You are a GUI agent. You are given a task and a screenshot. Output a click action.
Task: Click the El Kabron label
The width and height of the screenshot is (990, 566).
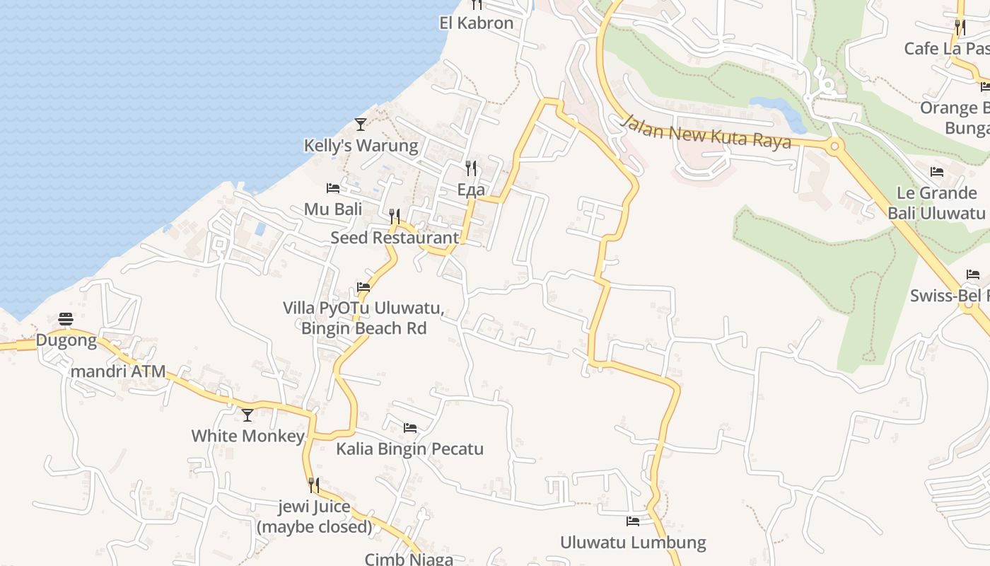[x=476, y=23]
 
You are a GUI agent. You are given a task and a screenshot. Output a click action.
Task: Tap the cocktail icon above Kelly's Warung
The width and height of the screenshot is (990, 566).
[x=361, y=125]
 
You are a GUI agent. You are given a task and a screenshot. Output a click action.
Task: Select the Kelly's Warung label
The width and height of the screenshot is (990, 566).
[x=361, y=146]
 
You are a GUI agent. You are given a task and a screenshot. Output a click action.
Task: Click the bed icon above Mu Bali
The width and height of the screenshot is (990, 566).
[x=333, y=188]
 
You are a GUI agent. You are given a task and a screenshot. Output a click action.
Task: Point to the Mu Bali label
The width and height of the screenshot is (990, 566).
[x=333, y=209]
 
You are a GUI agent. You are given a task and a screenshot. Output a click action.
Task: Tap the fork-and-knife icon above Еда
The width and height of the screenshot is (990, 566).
[x=471, y=168]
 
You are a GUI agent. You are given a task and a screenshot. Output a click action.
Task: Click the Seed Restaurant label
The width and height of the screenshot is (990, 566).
[x=395, y=238]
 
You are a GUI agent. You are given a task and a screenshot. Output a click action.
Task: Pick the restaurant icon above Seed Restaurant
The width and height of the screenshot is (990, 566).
[x=395, y=216]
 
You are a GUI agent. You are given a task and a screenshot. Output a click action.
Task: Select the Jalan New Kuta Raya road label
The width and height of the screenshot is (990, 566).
[x=705, y=132]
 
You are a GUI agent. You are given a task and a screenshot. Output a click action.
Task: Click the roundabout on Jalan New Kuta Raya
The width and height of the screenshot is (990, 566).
[x=834, y=147]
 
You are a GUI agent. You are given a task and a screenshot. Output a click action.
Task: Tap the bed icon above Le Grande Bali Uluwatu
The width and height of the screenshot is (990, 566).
[x=937, y=172]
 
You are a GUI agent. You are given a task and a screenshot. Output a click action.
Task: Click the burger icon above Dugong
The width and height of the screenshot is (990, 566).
[x=66, y=319]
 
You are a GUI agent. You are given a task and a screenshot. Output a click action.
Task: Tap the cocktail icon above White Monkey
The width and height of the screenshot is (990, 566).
[x=248, y=415]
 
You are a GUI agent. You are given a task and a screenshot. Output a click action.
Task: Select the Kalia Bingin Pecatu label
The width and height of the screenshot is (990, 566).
[x=409, y=449]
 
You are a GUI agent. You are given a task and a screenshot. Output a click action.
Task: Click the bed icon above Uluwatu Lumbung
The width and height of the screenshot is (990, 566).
[x=633, y=522]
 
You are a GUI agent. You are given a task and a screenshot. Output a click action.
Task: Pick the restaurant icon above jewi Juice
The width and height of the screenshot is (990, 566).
[x=314, y=485]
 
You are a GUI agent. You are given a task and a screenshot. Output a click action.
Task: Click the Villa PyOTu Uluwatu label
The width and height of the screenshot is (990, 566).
[x=363, y=318]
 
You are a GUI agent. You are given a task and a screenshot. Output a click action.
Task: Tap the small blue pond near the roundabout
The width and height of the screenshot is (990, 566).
[x=778, y=108]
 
